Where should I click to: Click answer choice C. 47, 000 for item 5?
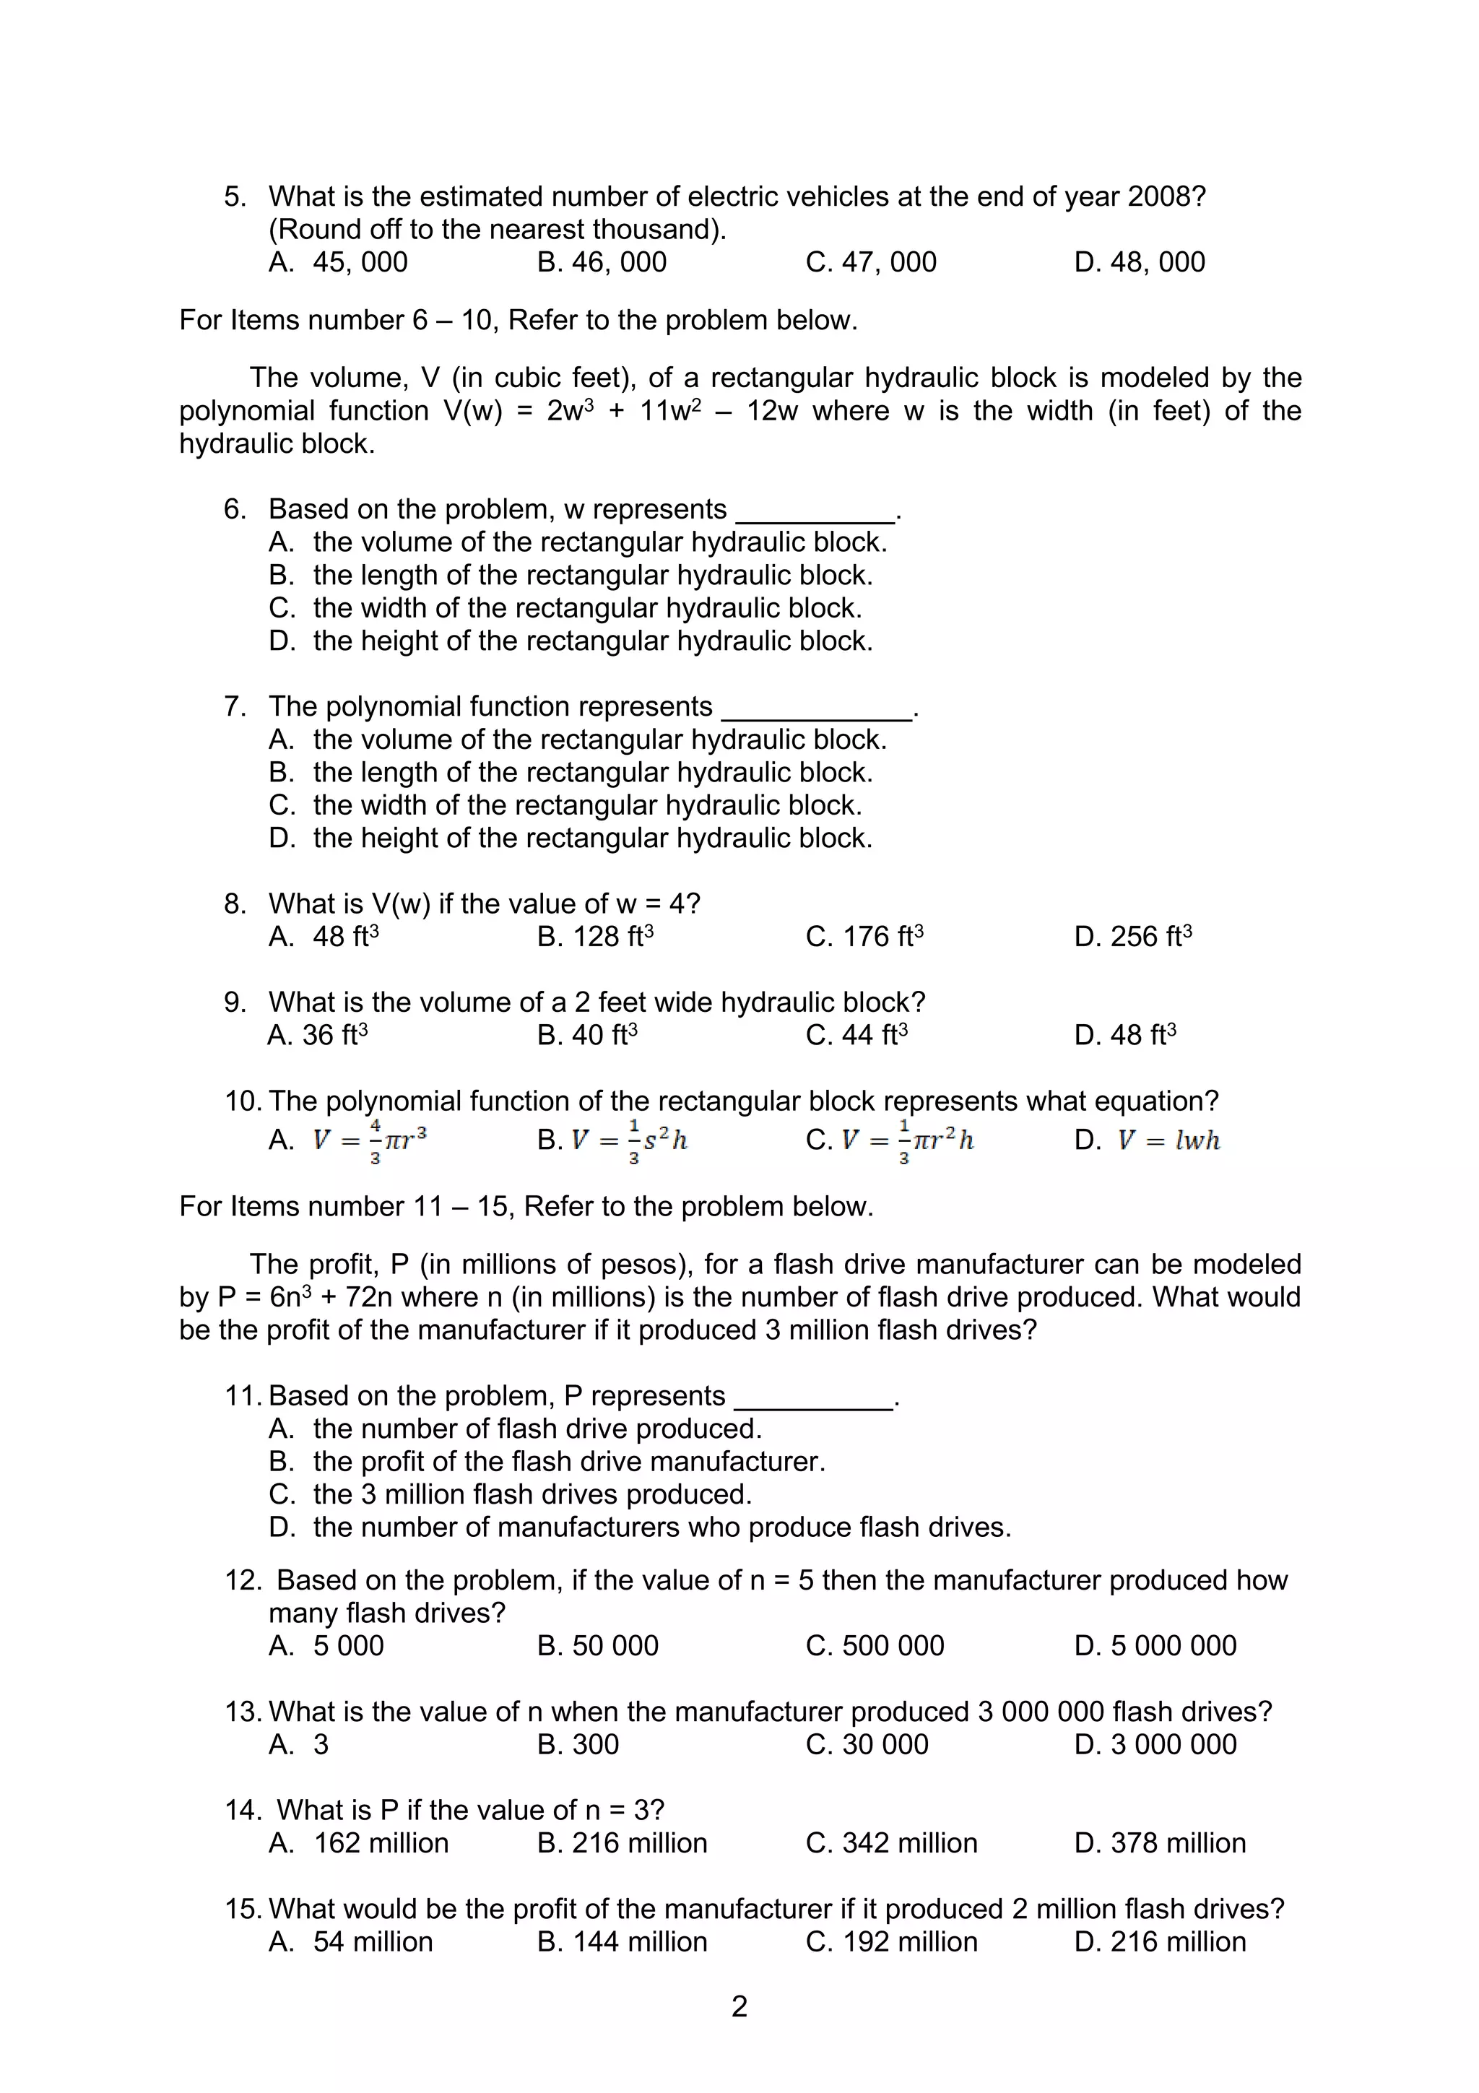[x=870, y=261]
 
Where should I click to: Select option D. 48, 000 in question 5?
[x=1139, y=261]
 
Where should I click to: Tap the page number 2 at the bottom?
[x=739, y=2006]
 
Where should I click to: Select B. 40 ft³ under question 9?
[x=587, y=1035]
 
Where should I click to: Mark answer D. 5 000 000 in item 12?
[x=1155, y=1645]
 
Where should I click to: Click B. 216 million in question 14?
[x=622, y=1842]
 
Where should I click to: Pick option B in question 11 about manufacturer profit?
[x=547, y=1461]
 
